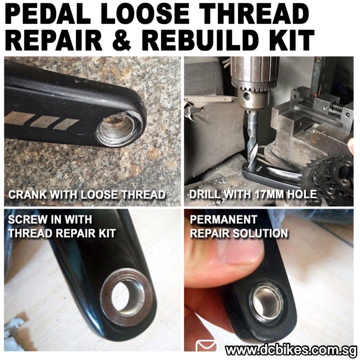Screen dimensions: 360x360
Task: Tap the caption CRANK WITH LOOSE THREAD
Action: [87, 195]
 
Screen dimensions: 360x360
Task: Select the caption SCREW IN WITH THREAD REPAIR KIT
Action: [62, 227]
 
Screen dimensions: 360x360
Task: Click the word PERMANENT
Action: [223, 220]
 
